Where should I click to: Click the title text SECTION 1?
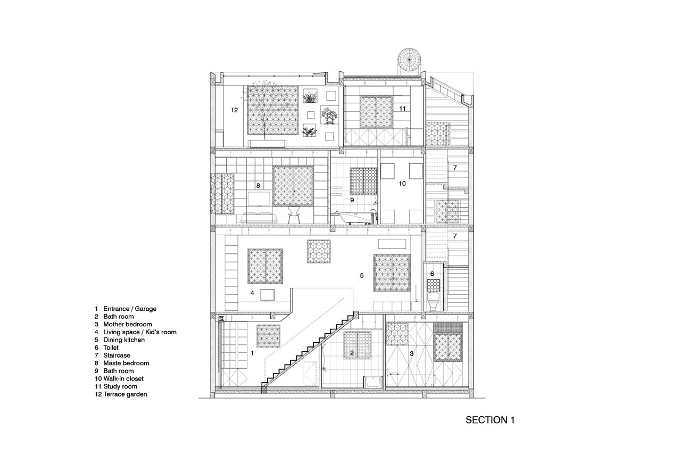[490, 420]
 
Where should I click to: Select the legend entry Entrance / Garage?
[130, 309]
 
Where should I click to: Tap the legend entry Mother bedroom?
[127, 324]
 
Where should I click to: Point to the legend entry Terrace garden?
[125, 394]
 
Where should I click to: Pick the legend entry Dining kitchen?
[124, 340]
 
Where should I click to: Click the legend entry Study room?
[120, 386]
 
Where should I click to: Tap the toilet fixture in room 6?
[433, 302]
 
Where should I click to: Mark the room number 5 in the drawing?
[361, 276]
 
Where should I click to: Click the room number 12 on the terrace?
[234, 110]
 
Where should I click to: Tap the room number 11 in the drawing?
[403, 108]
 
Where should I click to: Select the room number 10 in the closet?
[402, 183]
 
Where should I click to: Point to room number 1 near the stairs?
[252, 353]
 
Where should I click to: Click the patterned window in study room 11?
[376, 112]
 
